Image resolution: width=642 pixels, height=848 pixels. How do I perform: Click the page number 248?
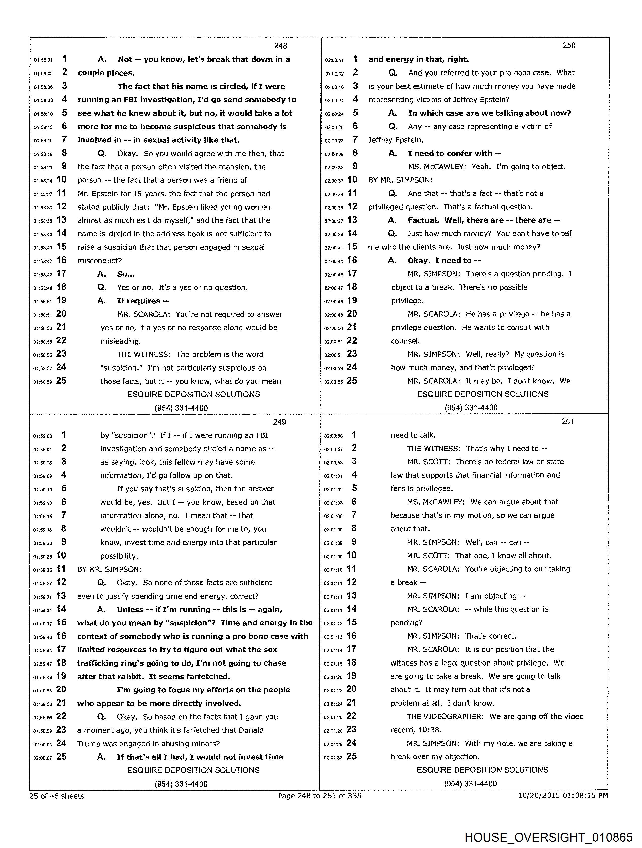(280, 46)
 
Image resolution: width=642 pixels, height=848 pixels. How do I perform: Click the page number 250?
(569, 46)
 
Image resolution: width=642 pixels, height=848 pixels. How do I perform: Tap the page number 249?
(279, 422)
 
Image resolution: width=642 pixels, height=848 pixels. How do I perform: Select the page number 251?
(567, 422)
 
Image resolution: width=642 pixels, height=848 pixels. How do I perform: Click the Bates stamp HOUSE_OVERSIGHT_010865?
(548, 837)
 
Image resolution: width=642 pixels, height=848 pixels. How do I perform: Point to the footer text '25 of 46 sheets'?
(57, 796)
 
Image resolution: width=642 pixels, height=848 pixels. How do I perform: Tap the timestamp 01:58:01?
(43, 60)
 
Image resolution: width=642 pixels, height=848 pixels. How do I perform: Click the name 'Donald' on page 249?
(251, 730)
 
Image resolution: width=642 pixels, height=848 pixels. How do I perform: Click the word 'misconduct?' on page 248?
(100, 261)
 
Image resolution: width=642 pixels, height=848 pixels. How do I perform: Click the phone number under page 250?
(471, 408)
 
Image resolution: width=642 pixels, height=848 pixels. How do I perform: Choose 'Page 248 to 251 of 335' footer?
(319, 796)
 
